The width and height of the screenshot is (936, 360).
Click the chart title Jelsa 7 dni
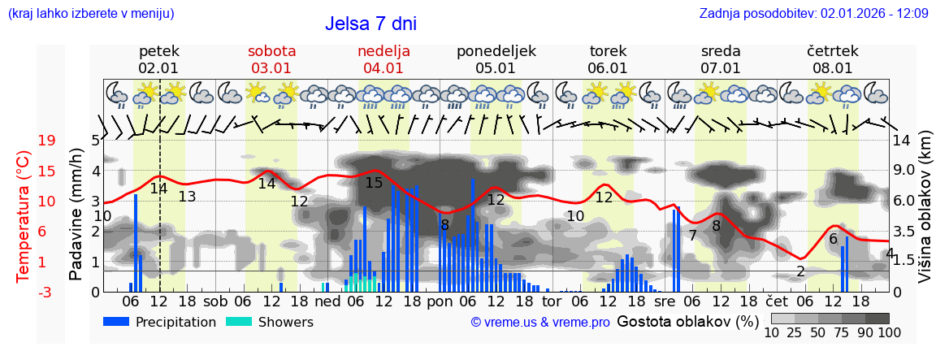point(370,24)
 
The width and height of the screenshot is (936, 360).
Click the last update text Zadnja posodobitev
point(813,13)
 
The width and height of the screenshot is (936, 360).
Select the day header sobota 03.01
point(271,59)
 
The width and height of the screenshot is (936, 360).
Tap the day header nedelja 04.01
point(383,59)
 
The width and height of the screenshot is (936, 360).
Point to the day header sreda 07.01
point(721,59)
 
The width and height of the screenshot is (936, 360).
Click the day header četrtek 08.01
point(833,59)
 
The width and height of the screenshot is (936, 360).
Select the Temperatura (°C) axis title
point(24,216)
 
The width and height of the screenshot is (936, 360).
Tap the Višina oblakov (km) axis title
point(925,216)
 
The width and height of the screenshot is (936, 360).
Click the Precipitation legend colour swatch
point(116,322)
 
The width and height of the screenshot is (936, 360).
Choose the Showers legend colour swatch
point(238,322)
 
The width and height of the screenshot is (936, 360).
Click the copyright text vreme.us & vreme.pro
point(540,323)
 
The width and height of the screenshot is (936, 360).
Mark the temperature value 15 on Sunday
point(374,183)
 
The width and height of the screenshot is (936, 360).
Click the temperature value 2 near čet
point(800,271)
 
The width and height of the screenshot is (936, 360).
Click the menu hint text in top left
point(91,13)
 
